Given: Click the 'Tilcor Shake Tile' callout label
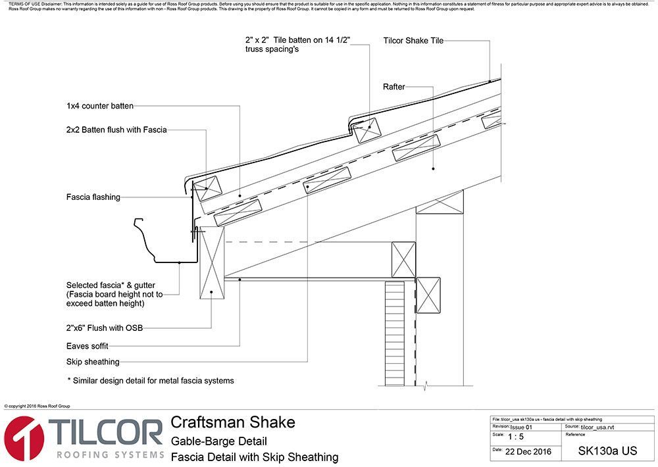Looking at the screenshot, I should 413,41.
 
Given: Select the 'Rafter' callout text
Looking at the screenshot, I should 393,87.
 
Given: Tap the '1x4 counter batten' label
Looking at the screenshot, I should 100,105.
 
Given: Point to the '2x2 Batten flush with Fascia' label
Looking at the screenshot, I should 116,130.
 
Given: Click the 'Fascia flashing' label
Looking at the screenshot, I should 93,197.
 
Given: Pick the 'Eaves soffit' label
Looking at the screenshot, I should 88,345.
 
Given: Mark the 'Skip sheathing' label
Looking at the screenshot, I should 93,361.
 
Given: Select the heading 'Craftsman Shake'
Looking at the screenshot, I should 233,422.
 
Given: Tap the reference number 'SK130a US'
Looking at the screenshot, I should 607,451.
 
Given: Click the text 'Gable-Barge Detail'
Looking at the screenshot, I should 218,441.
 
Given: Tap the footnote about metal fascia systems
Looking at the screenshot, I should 151,380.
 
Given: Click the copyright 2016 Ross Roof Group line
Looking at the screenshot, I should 37,406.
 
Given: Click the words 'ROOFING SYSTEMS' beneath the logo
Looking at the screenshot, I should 110,455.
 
